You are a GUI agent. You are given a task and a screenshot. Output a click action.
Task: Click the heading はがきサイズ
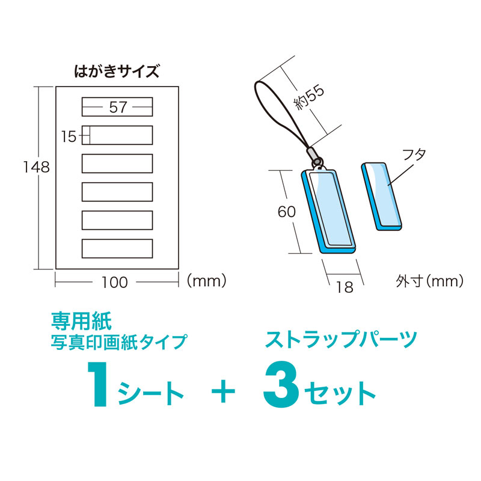pyautogui.click(x=117, y=72)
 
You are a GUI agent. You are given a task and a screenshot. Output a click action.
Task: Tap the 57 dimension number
pyautogui.click(x=118, y=107)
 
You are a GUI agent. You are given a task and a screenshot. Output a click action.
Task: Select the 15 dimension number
pyautogui.click(x=69, y=136)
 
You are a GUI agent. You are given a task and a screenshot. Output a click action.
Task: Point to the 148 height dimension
pyautogui.click(x=37, y=167)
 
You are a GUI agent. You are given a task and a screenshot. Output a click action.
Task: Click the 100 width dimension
pyautogui.click(x=114, y=282)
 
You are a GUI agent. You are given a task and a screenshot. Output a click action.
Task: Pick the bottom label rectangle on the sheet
pyautogui.click(x=117, y=248)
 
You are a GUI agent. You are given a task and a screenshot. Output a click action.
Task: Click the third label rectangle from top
pyautogui.click(x=117, y=164)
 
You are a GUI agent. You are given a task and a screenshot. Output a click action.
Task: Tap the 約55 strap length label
pyautogui.click(x=309, y=97)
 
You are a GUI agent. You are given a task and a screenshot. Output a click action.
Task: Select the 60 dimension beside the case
pyautogui.click(x=287, y=212)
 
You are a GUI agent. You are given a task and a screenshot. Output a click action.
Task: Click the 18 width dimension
pyautogui.click(x=345, y=287)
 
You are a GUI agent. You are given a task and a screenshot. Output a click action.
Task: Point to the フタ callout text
pyautogui.click(x=414, y=155)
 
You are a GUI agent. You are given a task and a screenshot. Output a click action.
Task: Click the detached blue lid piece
pyautogui.click(x=381, y=197)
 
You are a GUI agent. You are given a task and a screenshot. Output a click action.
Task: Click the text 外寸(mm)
pyautogui.click(x=429, y=281)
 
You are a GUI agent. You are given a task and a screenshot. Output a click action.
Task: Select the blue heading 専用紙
pyautogui.click(x=81, y=321)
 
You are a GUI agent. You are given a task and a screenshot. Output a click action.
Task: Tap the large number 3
pyautogui.click(x=281, y=384)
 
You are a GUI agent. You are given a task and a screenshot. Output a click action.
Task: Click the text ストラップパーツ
pyautogui.click(x=341, y=339)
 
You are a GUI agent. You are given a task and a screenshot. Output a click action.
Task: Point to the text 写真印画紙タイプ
pyautogui.click(x=119, y=342)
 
